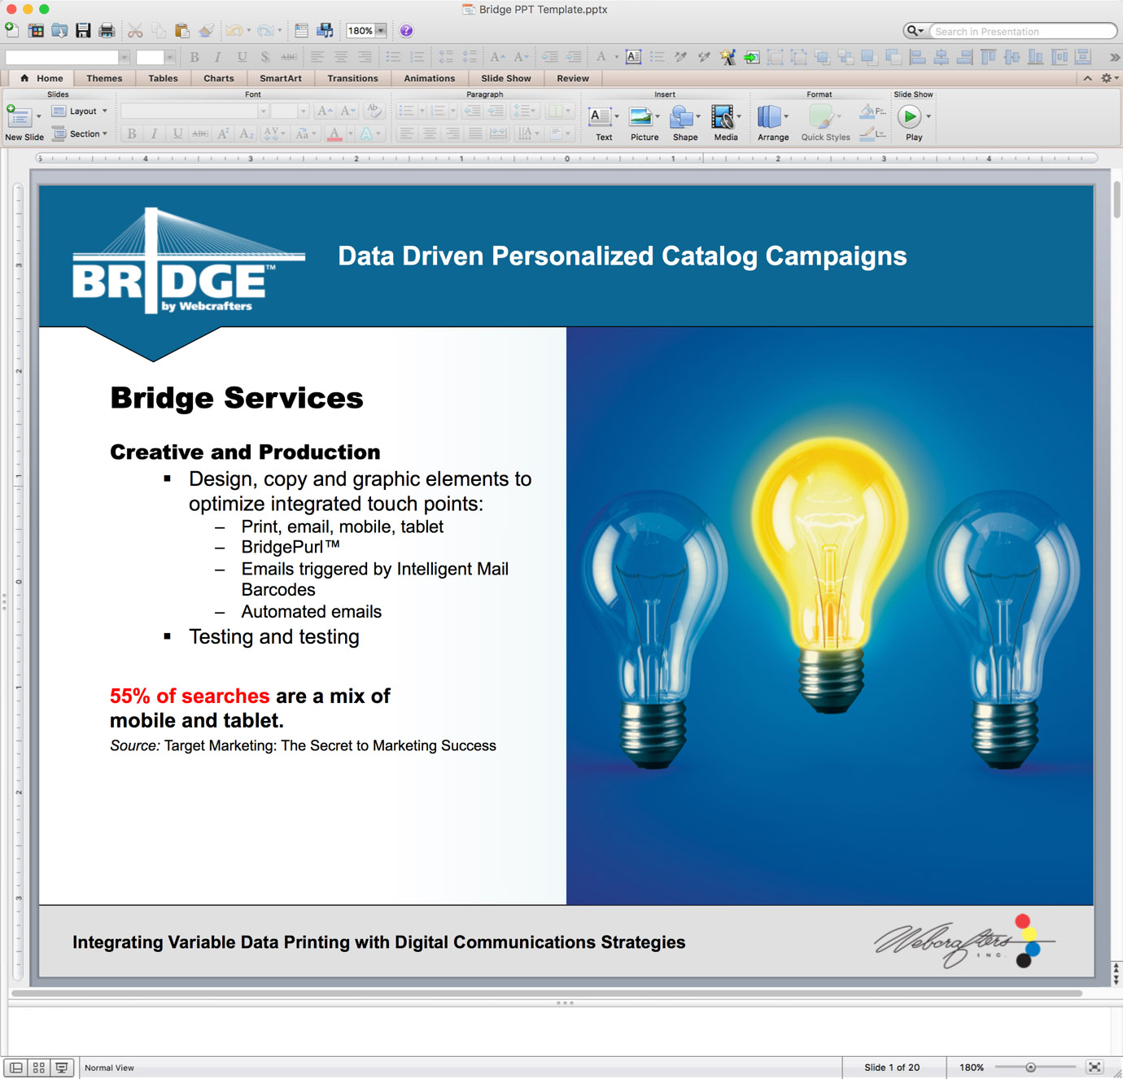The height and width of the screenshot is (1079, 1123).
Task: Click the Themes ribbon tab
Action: coord(104,78)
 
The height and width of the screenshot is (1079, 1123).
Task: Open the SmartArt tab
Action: coord(281,78)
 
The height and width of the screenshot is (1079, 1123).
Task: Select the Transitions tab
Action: coord(352,78)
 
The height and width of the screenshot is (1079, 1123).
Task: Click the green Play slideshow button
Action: coord(910,116)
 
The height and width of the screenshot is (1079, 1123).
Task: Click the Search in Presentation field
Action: coord(1022,31)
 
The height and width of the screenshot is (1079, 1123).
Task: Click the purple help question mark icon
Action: coord(406,31)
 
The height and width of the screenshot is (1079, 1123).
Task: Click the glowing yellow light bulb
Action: coord(830,571)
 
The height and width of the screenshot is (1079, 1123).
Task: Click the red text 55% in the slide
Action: coord(130,696)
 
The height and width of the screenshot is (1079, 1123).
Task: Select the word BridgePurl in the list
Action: coord(282,547)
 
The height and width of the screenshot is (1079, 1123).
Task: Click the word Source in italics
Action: coord(135,745)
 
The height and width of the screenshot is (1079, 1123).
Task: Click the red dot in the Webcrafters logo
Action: coord(1023,921)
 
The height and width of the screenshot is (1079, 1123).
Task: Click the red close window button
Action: coord(11,9)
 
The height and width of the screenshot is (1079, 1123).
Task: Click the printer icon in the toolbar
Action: coord(107,31)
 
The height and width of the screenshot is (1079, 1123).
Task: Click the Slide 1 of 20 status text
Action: coord(892,1068)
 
